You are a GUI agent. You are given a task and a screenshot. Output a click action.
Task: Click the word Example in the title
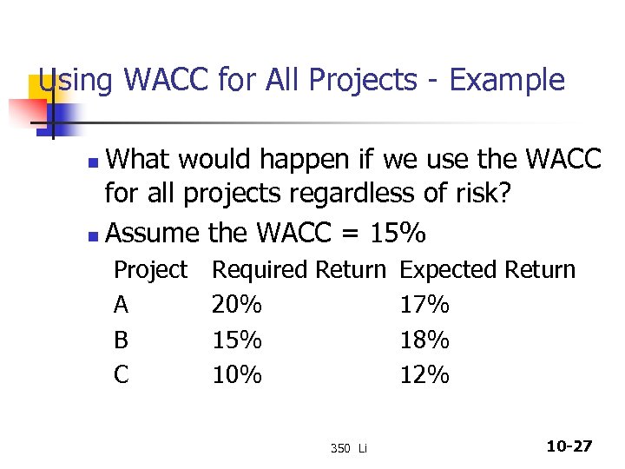(x=508, y=80)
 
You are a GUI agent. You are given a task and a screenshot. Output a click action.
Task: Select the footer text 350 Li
(x=349, y=448)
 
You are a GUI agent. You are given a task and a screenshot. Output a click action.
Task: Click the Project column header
(x=150, y=270)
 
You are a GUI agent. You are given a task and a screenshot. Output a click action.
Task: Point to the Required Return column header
(x=299, y=270)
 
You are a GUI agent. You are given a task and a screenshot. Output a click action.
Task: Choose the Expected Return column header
(x=487, y=270)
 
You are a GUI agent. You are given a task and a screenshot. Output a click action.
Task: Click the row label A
(x=122, y=305)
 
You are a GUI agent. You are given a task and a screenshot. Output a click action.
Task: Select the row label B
(x=122, y=340)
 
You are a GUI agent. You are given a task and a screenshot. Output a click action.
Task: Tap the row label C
(x=122, y=374)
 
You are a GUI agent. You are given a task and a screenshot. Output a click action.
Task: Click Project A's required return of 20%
(x=237, y=305)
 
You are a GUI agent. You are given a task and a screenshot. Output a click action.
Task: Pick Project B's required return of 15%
(x=237, y=340)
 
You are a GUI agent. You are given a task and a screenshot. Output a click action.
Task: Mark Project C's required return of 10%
(x=237, y=374)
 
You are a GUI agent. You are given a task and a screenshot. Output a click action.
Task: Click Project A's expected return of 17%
(x=424, y=305)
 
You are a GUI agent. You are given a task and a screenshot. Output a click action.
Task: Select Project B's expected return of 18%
(x=424, y=340)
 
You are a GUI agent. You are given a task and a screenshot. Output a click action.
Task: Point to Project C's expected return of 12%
(x=424, y=374)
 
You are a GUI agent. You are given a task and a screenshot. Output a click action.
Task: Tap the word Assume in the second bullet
(x=153, y=233)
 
